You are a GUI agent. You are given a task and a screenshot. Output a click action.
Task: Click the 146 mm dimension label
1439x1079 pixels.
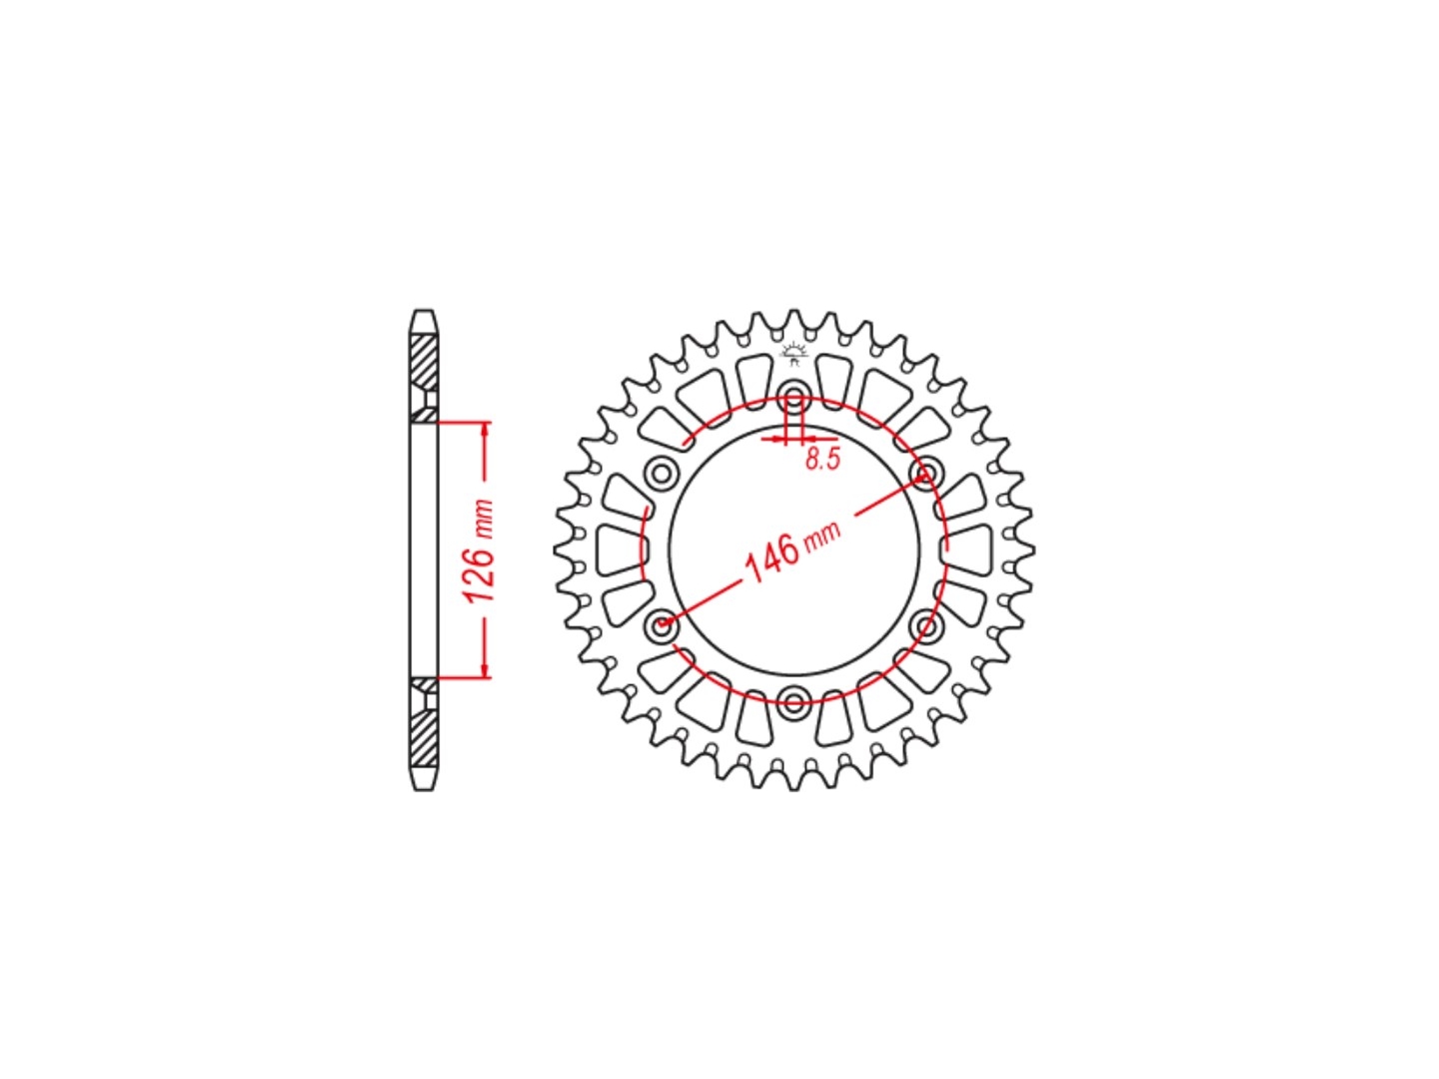tap(792, 550)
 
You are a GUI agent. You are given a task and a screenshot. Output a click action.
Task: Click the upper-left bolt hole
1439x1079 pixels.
tap(661, 473)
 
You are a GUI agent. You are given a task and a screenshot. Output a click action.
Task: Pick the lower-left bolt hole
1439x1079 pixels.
tap(661, 625)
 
